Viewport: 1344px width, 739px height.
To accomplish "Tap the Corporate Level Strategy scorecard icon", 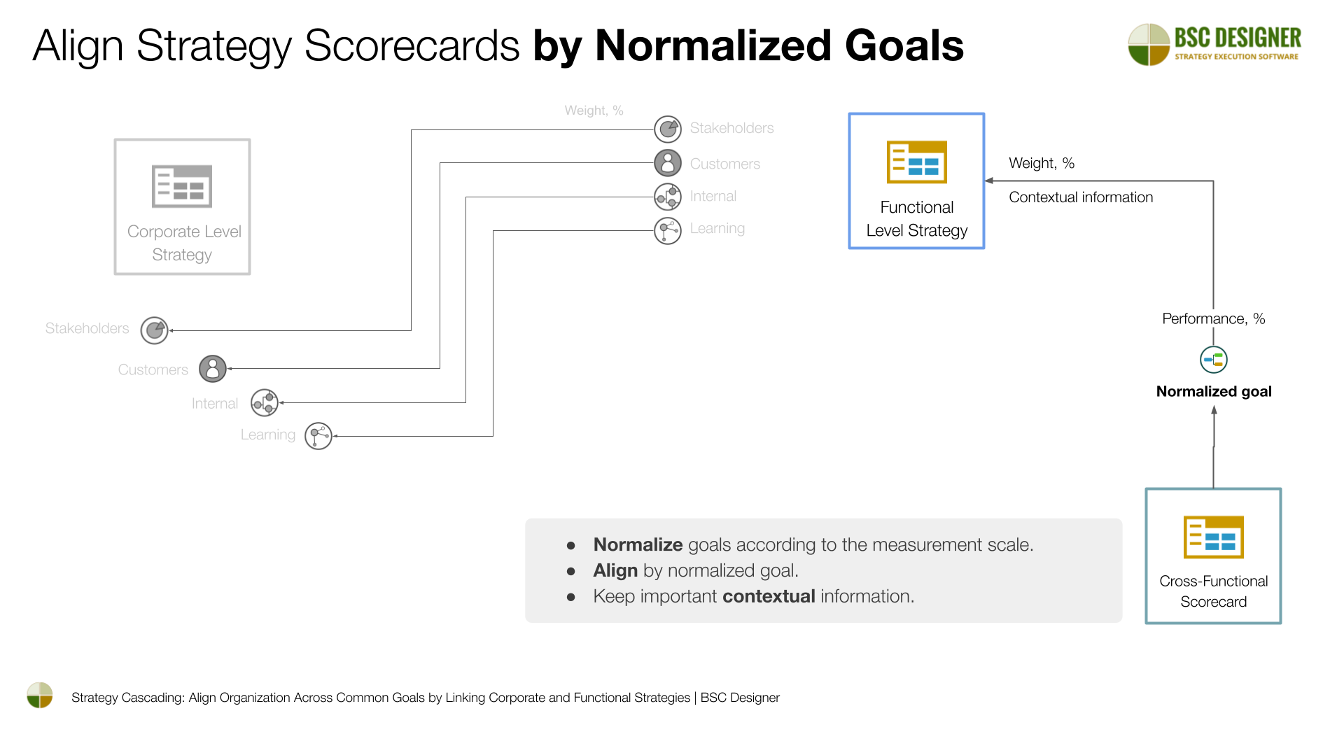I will (182, 186).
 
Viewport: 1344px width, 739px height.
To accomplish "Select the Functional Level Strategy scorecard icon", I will (916, 162).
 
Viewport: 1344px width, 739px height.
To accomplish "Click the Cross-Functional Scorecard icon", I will (1213, 537).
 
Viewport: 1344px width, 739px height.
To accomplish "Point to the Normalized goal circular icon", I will (1213, 360).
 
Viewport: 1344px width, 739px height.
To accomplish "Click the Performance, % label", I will (1213, 319).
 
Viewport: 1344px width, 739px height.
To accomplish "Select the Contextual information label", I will (1080, 197).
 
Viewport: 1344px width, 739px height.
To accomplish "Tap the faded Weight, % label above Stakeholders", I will (594, 111).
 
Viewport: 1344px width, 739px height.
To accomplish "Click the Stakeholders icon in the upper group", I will (668, 129).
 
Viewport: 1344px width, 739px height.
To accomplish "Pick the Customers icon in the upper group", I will (668, 163).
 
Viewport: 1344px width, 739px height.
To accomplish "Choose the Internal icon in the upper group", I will (668, 197).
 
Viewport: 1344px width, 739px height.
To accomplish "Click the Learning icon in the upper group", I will (668, 230).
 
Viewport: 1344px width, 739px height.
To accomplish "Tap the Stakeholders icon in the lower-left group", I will (154, 330).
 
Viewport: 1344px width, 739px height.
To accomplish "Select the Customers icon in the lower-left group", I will (213, 369).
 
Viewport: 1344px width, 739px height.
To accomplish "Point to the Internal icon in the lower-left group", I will (265, 402).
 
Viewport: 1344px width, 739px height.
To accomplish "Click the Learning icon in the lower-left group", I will (318, 436).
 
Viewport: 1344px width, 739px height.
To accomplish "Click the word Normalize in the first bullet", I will (638, 544).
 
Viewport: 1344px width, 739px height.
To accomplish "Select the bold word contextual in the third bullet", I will (768, 596).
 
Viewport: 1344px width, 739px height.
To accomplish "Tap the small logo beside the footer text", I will (40, 696).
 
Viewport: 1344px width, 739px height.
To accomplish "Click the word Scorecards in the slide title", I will (412, 46).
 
